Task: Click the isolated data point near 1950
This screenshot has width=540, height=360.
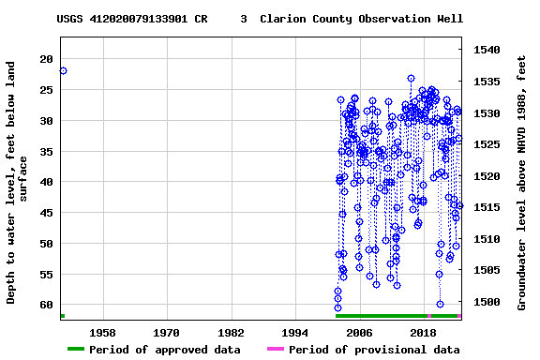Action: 63,70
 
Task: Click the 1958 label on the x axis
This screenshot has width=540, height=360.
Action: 102,333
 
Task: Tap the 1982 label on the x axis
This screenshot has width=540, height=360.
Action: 232,333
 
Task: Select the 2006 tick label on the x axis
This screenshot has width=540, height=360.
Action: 360,333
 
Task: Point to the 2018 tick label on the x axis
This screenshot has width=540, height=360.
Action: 424,333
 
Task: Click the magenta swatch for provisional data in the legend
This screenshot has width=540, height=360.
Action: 275,350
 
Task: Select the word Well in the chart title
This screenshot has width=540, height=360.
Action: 448,19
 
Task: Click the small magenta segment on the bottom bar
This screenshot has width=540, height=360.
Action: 428,316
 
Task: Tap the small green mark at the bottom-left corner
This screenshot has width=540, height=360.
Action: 62,316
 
